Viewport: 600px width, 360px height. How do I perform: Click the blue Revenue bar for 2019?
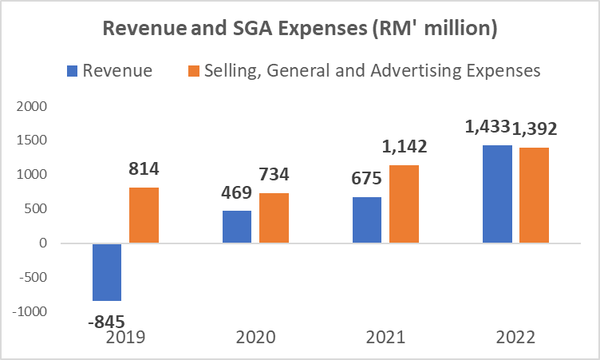[107, 272]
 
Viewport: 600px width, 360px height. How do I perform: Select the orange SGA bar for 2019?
[144, 216]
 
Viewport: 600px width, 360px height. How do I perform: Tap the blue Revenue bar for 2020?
[237, 227]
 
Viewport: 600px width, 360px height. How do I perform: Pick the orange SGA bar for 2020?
[274, 218]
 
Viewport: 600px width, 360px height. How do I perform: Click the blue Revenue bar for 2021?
[367, 220]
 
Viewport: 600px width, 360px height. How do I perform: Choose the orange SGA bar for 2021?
[404, 204]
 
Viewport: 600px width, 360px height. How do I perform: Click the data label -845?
[107, 322]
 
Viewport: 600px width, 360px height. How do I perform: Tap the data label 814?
[144, 169]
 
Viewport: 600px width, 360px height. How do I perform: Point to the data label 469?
[237, 192]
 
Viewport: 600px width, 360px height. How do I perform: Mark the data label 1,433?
[484, 127]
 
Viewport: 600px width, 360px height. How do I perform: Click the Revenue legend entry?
[120, 70]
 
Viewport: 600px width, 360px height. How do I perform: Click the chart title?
[299, 30]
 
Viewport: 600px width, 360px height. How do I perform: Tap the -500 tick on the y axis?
[34, 278]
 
